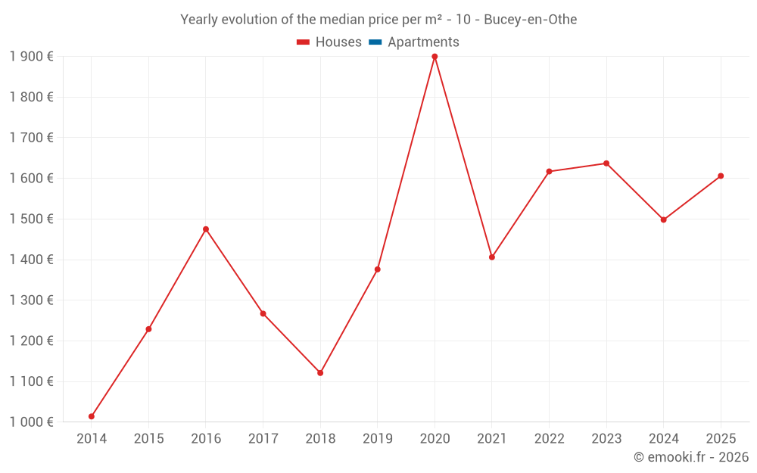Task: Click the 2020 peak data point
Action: [x=435, y=57]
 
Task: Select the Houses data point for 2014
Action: [x=92, y=416]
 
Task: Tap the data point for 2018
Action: [x=320, y=373]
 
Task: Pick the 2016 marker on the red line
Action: [x=206, y=229]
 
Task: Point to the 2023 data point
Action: [x=606, y=163]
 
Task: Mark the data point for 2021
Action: [x=492, y=257]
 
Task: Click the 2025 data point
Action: [x=721, y=176]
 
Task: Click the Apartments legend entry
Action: [x=423, y=42]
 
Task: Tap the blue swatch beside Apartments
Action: [x=375, y=42]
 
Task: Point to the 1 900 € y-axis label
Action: [x=31, y=57]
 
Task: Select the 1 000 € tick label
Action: [x=31, y=422]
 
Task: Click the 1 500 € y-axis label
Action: [x=31, y=219]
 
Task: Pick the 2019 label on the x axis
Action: [x=377, y=439]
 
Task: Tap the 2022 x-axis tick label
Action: [x=549, y=439]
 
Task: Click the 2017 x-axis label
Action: [x=263, y=439]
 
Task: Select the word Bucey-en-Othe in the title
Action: [x=536, y=20]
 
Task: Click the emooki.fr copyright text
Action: [x=691, y=457]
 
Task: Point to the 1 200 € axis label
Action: [x=31, y=341]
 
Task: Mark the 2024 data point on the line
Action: [x=664, y=220]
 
